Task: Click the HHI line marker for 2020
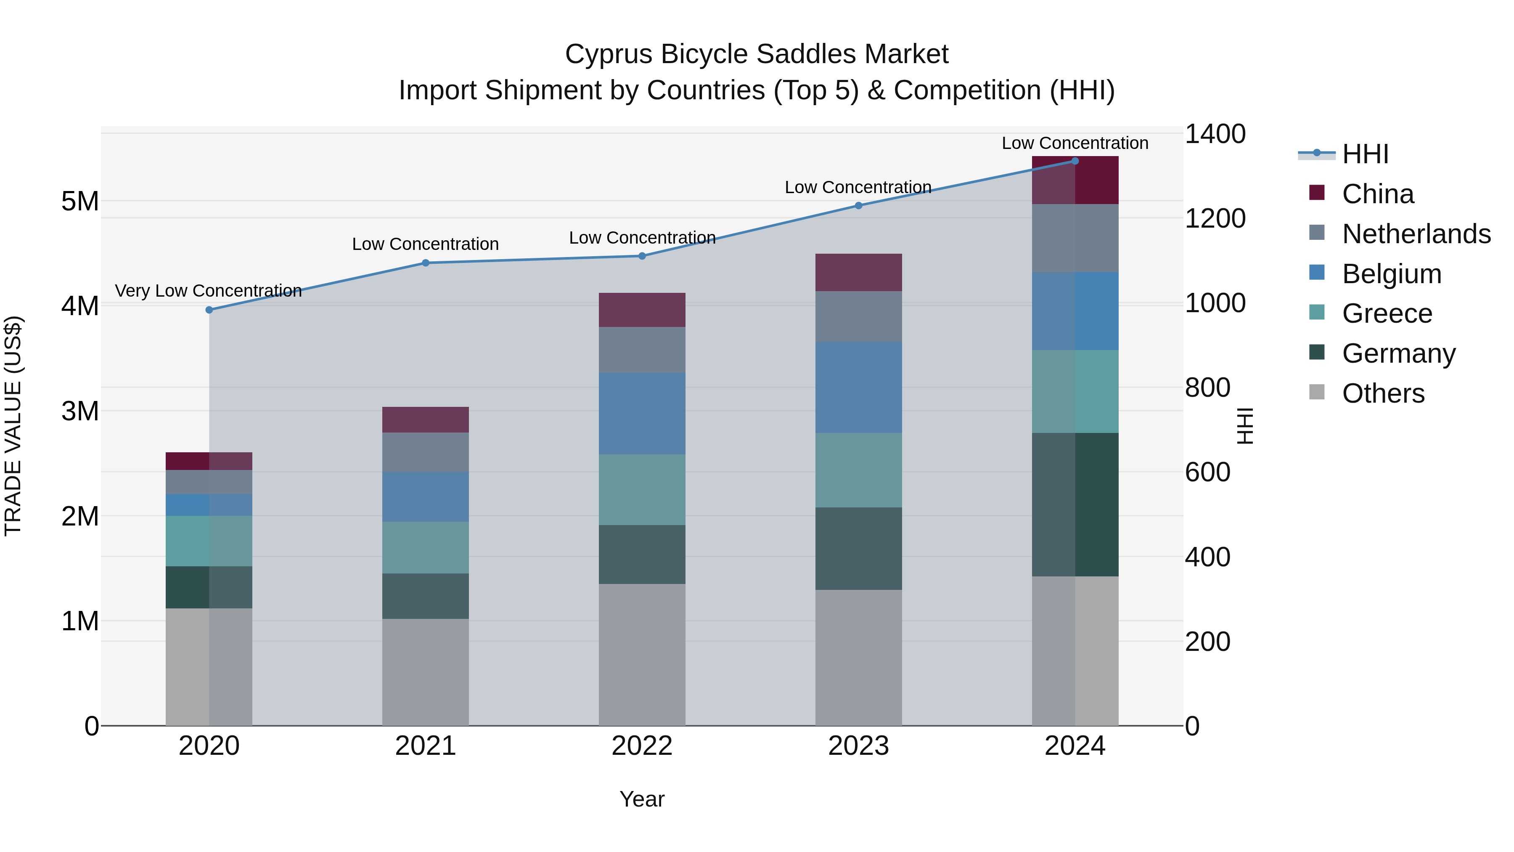point(209,310)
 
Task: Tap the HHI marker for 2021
point(426,263)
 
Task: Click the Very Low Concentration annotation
point(208,291)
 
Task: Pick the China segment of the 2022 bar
point(642,310)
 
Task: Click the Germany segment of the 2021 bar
point(426,596)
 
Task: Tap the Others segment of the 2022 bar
point(642,654)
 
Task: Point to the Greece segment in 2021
point(426,547)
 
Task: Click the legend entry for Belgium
point(1391,274)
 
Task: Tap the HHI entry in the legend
point(1365,154)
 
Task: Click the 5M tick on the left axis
point(80,202)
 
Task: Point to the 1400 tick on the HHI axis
point(1214,134)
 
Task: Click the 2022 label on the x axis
point(642,746)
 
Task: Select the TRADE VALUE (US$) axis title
point(13,426)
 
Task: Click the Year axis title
point(642,799)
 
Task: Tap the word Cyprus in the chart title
point(609,54)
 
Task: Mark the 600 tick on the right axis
point(1207,472)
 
